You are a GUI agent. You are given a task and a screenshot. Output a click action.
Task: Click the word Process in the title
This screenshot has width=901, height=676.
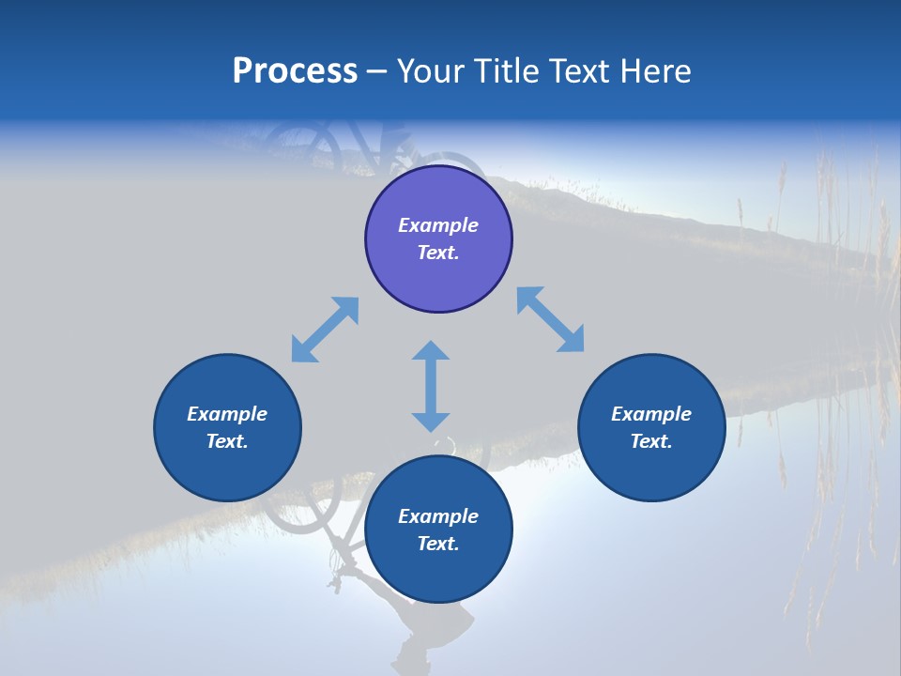click(x=295, y=71)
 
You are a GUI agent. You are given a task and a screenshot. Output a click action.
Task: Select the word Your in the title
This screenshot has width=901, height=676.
click(x=431, y=71)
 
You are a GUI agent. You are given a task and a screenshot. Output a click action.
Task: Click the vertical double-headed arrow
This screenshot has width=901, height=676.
click(x=431, y=386)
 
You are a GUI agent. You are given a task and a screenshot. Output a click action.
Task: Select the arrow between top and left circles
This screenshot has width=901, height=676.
click(x=325, y=330)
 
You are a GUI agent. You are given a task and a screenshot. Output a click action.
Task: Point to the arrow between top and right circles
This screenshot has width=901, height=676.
click(x=550, y=319)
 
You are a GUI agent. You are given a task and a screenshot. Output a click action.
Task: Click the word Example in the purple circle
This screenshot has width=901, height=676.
click(x=438, y=225)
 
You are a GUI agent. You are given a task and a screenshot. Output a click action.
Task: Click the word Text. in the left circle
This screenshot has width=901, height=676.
click(x=227, y=441)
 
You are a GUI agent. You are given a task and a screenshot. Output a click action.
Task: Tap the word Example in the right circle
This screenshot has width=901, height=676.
click(x=651, y=414)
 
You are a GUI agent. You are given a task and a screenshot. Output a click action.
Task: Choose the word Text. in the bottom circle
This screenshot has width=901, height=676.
click(x=438, y=544)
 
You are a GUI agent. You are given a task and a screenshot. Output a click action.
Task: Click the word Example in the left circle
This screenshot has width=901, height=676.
click(x=227, y=414)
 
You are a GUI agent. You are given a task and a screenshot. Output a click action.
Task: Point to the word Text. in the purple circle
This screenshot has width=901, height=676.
click(x=438, y=253)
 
